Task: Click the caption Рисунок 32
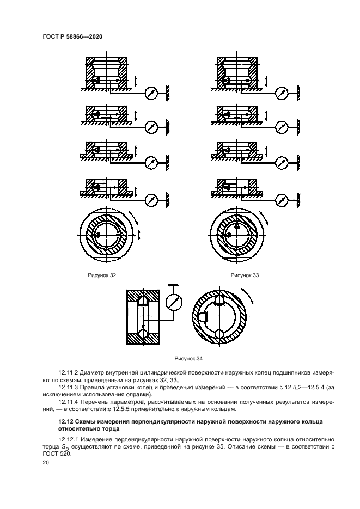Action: pyautogui.click(x=102, y=275)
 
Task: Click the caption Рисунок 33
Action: pyautogui.click(x=245, y=275)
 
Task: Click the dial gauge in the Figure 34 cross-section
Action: pyautogui.click(x=174, y=302)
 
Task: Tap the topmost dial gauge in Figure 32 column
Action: pyautogui.click(x=151, y=93)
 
